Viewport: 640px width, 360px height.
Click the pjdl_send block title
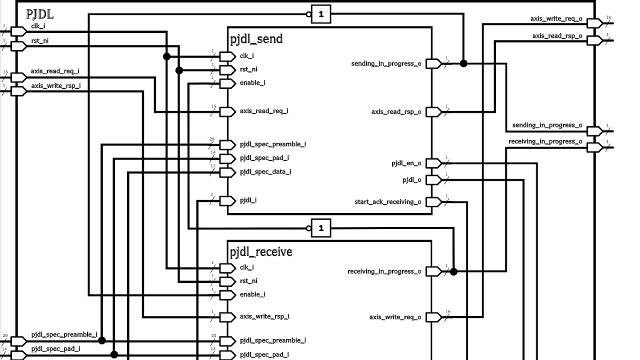click(x=256, y=39)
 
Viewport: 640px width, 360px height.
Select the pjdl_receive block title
click(x=261, y=252)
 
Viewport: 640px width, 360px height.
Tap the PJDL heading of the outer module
click(x=39, y=14)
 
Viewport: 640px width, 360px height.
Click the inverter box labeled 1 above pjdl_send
click(x=321, y=14)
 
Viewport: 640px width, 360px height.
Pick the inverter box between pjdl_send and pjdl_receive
click(x=321, y=228)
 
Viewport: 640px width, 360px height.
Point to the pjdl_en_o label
click(x=406, y=163)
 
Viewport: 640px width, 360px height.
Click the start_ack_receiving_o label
click(x=387, y=202)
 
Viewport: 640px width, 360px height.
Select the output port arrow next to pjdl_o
click(x=434, y=179)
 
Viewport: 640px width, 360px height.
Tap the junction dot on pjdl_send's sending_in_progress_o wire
click(x=463, y=63)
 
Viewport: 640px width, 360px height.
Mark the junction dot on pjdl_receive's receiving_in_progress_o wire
click(x=453, y=271)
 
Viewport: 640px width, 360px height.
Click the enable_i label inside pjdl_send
click(x=252, y=83)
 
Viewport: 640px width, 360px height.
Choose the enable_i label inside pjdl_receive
click(x=252, y=294)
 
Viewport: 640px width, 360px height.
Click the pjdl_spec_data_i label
click(x=265, y=172)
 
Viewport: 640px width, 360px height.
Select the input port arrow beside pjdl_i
click(x=227, y=200)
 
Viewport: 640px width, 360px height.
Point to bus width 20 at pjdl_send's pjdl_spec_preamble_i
click(x=212, y=139)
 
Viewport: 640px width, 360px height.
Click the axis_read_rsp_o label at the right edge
click(x=557, y=36)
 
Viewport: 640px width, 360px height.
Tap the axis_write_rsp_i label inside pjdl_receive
click(x=264, y=316)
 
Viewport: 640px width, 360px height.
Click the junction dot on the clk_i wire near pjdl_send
click(x=167, y=56)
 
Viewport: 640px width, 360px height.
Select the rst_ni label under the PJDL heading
click(x=40, y=41)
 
